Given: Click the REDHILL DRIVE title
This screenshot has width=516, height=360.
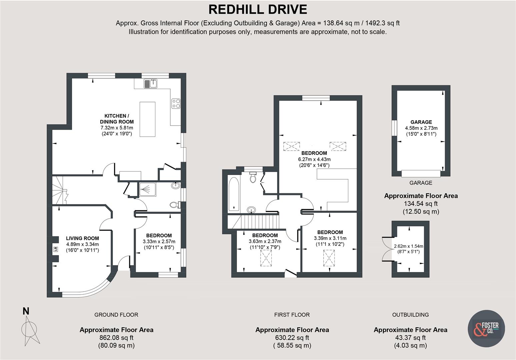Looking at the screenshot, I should tap(258, 9).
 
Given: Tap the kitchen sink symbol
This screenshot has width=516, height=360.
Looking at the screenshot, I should tap(151, 83).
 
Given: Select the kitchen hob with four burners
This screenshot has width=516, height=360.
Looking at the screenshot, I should tap(176, 104).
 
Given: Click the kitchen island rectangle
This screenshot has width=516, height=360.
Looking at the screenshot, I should tap(147, 119).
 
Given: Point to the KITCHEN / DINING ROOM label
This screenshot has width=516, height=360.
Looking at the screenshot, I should tap(117, 119).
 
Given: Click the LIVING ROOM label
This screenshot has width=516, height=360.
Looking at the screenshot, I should tap(82, 238).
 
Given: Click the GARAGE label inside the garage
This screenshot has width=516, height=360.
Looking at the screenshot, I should tap(421, 122).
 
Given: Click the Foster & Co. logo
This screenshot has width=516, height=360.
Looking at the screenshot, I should tap(486, 328).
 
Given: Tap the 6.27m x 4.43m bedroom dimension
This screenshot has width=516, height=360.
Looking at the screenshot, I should tap(314, 159).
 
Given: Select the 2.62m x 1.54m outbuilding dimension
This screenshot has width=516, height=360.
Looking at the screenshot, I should tap(408, 246).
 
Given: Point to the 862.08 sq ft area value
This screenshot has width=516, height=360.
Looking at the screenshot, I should tap(116, 338).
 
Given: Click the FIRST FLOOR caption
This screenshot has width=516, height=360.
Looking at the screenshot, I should tap(292, 315).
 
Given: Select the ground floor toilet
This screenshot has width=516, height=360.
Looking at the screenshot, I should tap(174, 204).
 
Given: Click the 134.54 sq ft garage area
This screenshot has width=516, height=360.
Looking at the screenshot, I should tap(421, 204).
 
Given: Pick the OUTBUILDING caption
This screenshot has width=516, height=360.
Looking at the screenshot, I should tap(410, 315).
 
